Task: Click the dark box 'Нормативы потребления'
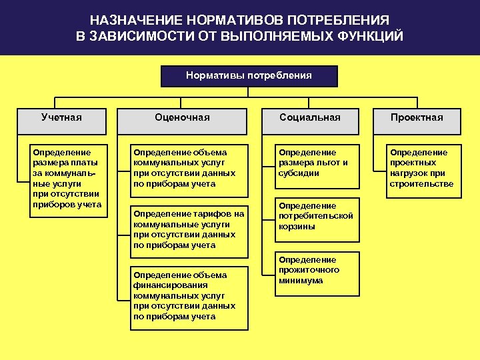pos(249,76)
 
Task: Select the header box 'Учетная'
pos(61,117)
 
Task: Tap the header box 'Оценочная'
pos(182,117)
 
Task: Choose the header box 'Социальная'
pos(310,117)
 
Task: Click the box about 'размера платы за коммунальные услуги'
pos(66,178)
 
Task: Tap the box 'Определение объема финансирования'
pos(188,295)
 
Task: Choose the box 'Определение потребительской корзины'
pos(316,216)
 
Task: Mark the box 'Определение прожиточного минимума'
pos(316,270)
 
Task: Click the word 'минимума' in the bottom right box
pos(301,281)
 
